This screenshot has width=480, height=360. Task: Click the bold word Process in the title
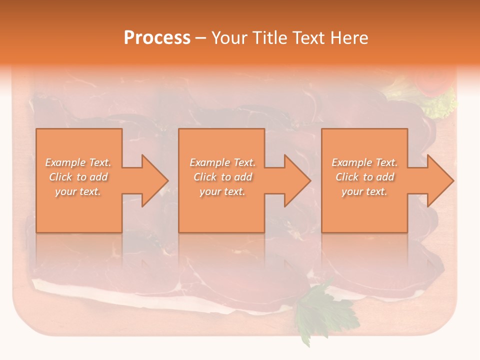point(157,38)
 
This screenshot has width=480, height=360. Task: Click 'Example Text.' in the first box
point(78,162)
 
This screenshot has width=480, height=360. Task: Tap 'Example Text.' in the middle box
point(222,162)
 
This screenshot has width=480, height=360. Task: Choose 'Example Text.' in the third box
point(364,162)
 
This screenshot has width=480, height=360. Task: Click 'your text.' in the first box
point(78,191)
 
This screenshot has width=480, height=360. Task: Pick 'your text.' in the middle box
point(222,191)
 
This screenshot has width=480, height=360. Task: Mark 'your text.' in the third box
point(364,191)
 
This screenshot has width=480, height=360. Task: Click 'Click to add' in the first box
point(78,177)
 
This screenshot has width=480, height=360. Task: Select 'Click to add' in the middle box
point(222,177)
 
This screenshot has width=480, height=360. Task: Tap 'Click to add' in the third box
point(364,177)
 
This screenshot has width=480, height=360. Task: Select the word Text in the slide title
point(306,38)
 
